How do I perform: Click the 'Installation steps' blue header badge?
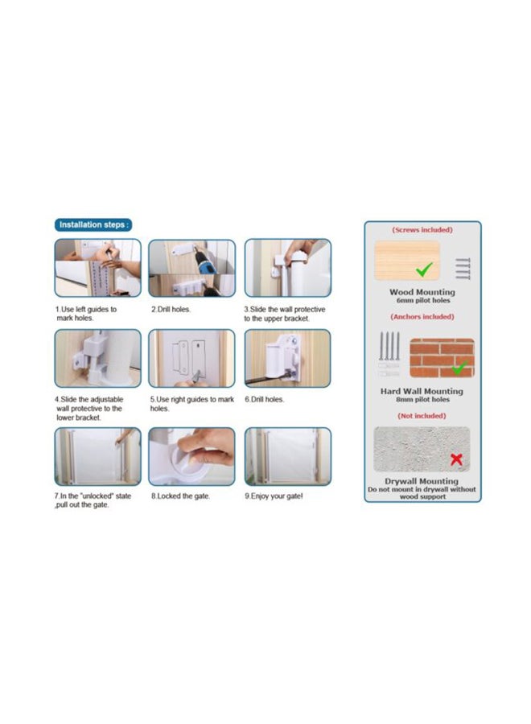[x=93, y=224]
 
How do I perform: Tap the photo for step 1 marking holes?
[x=97, y=268]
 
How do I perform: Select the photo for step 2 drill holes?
[x=192, y=268]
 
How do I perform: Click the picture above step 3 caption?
[x=287, y=268]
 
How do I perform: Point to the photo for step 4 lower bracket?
[x=97, y=359]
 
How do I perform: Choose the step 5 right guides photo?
[x=192, y=359]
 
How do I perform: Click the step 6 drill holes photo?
[x=287, y=359]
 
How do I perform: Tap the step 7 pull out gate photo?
[x=97, y=456]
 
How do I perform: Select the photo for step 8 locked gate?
[x=192, y=456]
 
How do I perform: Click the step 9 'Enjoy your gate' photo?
[x=287, y=456]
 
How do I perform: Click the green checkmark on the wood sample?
[x=423, y=269]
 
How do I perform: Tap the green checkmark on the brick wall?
[x=459, y=368]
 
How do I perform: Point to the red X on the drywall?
[x=456, y=459]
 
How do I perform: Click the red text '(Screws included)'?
[x=422, y=230]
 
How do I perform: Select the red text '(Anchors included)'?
[x=422, y=317]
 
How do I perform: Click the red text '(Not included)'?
[x=422, y=416]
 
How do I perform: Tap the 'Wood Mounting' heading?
[x=422, y=292]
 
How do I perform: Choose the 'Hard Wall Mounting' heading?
[x=422, y=391]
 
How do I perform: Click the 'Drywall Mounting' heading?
[x=422, y=481]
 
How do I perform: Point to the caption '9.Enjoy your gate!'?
[x=274, y=496]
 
